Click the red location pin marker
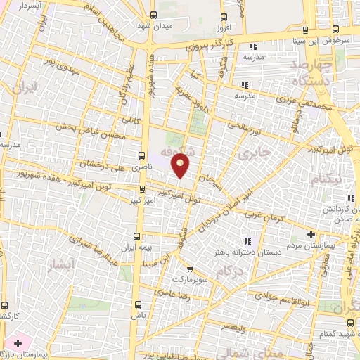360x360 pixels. click(181, 167)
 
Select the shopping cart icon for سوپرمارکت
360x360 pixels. click(189, 268)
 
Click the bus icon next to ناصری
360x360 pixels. click(142, 155)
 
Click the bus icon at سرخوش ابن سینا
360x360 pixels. click(335, 29)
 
